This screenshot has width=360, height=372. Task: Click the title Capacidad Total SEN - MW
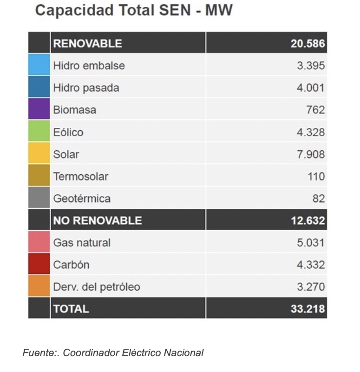click(x=134, y=10)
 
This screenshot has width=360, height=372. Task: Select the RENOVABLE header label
click(x=87, y=44)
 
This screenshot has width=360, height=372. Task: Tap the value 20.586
click(x=308, y=44)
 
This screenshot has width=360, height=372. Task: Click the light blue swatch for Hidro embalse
click(x=39, y=65)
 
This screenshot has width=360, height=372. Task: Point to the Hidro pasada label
click(x=86, y=88)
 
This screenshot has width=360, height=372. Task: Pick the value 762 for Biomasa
click(x=315, y=110)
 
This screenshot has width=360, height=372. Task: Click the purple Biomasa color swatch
click(x=39, y=109)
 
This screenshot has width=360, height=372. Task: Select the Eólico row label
click(x=68, y=132)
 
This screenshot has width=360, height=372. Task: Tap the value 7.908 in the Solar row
click(x=311, y=154)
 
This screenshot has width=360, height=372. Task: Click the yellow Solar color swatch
click(x=39, y=153)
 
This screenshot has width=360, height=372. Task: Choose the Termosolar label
click(x=80, y=177)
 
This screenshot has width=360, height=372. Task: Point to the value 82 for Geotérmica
click(x=318, y=199)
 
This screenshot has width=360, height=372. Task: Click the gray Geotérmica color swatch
click(x=39, y=198)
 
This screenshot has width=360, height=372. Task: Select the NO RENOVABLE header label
click(x=98, y=220)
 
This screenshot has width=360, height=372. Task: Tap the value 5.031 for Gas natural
click(x=311, y=243)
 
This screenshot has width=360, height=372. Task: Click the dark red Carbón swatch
click(x=39, y=264)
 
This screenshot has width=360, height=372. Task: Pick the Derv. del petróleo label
click(x=96, y=287)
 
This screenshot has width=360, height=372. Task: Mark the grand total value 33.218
click(x=308, y=309)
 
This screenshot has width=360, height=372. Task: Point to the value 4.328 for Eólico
click(x=311, y=132)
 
